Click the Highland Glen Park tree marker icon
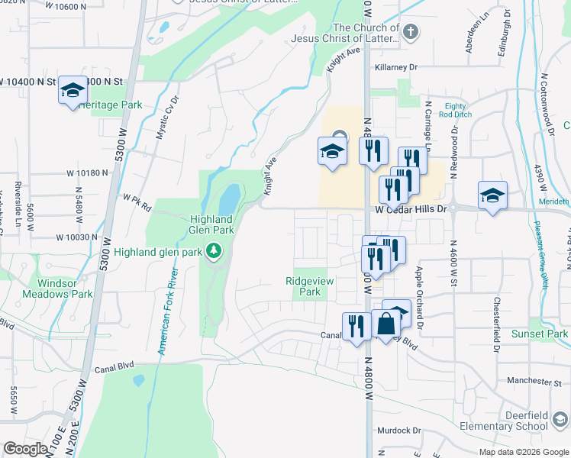coord(215,250)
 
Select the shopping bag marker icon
coord(388,323)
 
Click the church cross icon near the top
coord(411,32)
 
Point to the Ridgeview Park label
coord(305,286)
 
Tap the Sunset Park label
coord(539,334)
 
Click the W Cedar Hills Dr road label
coord(409,208)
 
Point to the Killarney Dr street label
coord(396,67)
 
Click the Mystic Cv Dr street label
coord(166,116)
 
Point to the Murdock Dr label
coord(399,431)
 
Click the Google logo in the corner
coord(25,449)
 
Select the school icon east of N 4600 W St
coord(492,195)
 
